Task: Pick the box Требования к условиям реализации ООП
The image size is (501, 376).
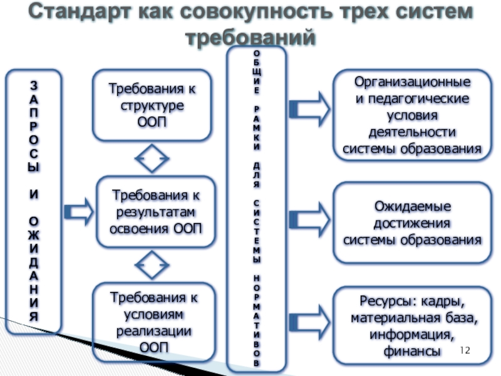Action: coord(153,321)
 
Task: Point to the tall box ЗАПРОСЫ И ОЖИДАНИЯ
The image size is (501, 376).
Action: coord(34,201)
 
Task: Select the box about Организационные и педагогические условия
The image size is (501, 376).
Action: coord(412,117)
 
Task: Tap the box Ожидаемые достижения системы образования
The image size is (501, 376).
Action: coord(412,223)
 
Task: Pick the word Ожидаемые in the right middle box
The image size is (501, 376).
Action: coord(413,206)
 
